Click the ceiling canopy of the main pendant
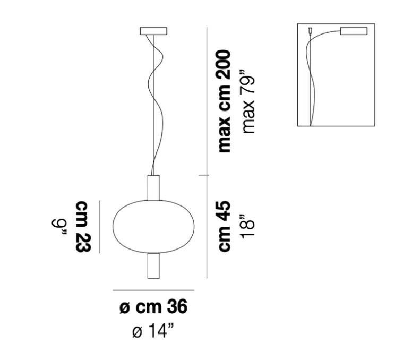tap(153, 31)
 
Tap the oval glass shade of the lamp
tap(153, 227)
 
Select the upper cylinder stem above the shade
tap(153, 187)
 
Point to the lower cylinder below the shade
tap(153, 265)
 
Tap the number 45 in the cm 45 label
tap(225, 210)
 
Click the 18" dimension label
tap(248, 226)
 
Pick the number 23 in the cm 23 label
tap(83, 242)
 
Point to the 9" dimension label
tap(59, 227)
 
